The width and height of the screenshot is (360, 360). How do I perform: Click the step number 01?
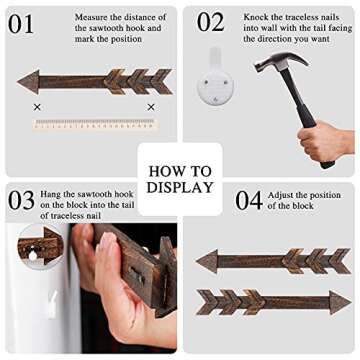coord(21,23)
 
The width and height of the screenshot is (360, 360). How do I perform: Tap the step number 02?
coord(210,22)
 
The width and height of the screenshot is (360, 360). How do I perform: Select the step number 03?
coord(21,200)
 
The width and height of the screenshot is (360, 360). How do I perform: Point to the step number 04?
coord(249,200)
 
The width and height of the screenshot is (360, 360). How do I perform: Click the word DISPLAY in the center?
coord(180,187)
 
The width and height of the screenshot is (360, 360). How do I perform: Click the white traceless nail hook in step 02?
coord(215,76)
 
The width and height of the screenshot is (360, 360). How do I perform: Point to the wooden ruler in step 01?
coord(96,125)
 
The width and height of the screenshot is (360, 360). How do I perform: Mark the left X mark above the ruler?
coord(37,107)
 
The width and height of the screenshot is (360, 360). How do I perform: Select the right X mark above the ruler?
coord(151,107)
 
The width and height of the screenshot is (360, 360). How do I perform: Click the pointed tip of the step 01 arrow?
coord(18,82)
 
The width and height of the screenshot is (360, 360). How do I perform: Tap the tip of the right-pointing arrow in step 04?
coord(351,303)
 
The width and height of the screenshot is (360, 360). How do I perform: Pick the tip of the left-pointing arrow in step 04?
coord(196,262)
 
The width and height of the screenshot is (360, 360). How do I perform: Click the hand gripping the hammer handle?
coord(323,142)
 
